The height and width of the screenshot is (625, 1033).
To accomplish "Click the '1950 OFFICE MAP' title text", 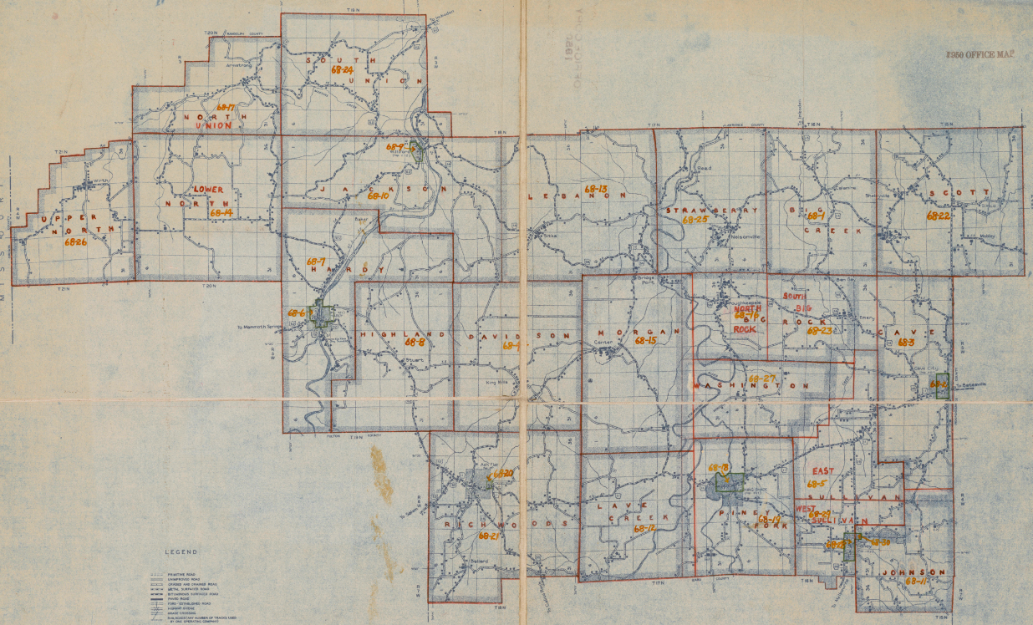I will [x=980, y=53].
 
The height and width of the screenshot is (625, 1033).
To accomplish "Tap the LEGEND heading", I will [x=181, y=552].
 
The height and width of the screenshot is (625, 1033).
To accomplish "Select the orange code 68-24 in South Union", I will [x=342, y=70].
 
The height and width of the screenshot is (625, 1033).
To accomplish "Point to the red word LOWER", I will [x=208, y=190].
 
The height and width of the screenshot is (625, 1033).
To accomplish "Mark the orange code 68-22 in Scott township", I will [x=938, y=216].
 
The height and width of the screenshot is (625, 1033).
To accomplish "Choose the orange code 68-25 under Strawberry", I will [x=695, y=220].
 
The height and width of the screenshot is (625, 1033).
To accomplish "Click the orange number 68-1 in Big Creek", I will [x=816, y=216].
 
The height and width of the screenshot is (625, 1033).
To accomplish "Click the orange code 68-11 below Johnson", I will [x=917, y=581].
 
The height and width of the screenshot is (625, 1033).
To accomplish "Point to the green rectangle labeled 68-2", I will [x=943, y=384].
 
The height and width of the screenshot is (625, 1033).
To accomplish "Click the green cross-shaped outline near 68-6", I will [x=322, y=314].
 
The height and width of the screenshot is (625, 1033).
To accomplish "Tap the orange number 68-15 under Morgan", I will [x=644, y=341].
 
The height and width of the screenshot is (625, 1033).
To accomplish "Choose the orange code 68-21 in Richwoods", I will [x=489, y=536].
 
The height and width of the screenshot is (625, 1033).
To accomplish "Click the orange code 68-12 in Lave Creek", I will [x=644, y=528].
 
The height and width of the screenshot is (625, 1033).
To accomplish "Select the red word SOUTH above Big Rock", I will [x=792, y=297].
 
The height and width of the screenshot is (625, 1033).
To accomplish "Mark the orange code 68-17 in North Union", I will [x=226, y=107].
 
